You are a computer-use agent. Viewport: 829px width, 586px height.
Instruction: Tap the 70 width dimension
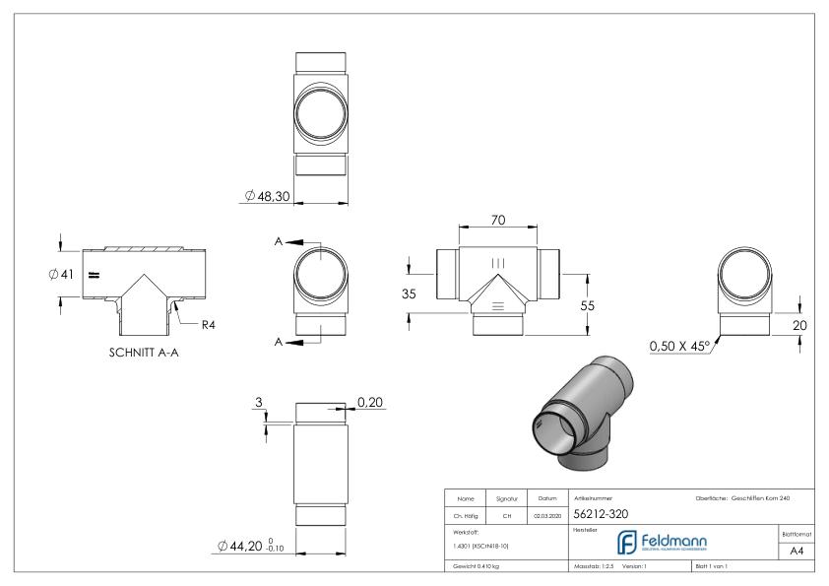tap(499, 221)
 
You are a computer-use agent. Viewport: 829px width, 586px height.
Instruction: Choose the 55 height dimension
tap(588, 306)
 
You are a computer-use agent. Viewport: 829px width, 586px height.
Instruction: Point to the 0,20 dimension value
tap(371, 403)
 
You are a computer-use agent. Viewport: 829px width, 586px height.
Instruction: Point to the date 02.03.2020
tap(547, 514)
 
